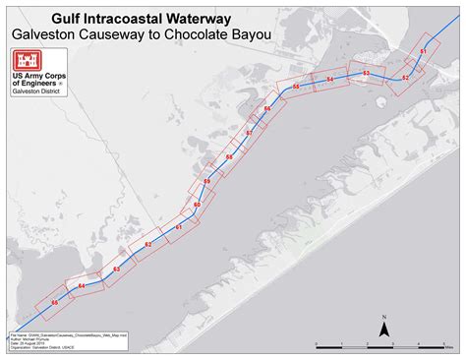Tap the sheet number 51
[423, 50]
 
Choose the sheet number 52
[405, 77]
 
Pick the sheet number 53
[366, 73]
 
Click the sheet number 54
[329, 79]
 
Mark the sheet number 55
[296, 88]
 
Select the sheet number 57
[250, 133]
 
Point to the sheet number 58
[229, 157]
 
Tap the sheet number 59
[207, 181]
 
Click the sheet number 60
[197, 205]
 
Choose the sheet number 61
[179, 227]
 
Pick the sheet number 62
[148, 244]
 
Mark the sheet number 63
[116, 269]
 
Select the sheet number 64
[82, 286]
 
